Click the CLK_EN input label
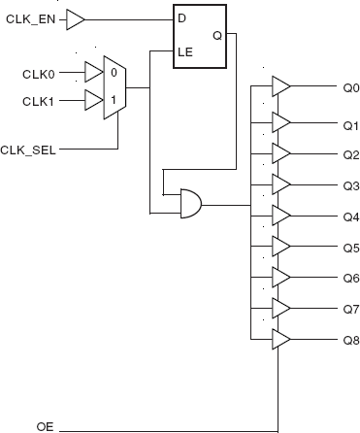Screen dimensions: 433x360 click(x=31, y=18)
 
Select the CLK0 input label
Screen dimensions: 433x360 click(x=38, y=73)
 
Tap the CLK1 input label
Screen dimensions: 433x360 click(x=38, y=99)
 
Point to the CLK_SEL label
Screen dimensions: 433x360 click(x=25, y=150)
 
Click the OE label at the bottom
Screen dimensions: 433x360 click(x=45, y=426)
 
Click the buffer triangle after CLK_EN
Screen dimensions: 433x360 click(x=77, y=18)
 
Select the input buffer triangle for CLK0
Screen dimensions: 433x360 click(x=93, y=72)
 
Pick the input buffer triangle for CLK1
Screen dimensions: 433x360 click(x=93, y=99)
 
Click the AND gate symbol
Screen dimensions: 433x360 click(x=191, y=204)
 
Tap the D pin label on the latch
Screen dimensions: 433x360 click(x=181, y=18)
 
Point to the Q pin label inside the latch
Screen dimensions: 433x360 click(x=216, y=37)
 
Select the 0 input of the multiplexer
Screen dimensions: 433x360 click(x=115, y=72)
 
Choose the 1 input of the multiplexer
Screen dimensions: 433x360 click(x=115, y=99)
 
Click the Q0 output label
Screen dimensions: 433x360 click(x=350, y=87)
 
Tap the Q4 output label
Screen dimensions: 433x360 click(x=350, y=216)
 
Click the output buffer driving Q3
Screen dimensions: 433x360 click(x=280, y=183)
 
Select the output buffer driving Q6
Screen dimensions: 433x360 click(x=280, y=277)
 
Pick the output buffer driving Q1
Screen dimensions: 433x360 click(x=280, y=121)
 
